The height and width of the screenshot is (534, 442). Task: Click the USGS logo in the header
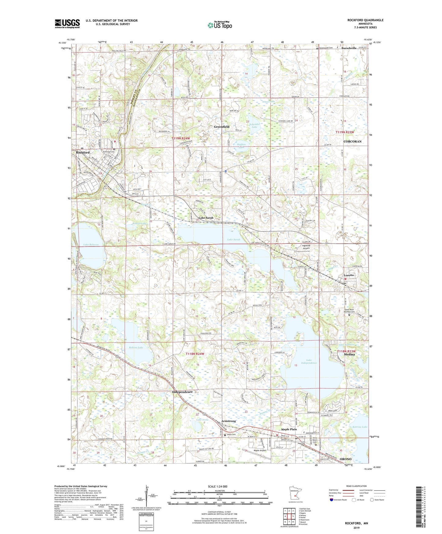point(67,24)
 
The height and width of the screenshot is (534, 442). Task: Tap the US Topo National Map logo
point(219,25)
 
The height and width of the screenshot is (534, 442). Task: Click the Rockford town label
point(83,152)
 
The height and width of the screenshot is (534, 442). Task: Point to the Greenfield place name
point(221,127)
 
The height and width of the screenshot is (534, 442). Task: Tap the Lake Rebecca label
point(91,245)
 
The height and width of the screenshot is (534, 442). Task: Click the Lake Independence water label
point(309,361)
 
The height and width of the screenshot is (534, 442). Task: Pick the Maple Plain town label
point(289,429)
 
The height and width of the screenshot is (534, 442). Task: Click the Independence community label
point(182,392)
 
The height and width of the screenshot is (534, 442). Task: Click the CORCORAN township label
point(352,142)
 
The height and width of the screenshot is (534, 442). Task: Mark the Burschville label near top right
point(349,48)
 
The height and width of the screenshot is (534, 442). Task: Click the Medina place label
point(349,354)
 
